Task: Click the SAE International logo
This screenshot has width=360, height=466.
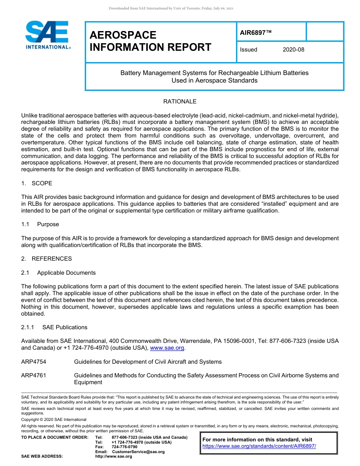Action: pos(48,35)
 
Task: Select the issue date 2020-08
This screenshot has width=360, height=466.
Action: pos(293,50)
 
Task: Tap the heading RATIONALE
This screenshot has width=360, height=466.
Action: pos(180,102)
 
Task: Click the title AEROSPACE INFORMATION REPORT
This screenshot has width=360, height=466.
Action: pos(150,41)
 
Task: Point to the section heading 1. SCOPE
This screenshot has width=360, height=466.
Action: pos(37,183)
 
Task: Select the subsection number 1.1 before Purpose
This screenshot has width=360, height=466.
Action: pos(25,224)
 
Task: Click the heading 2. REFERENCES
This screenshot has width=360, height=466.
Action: pos(46,259)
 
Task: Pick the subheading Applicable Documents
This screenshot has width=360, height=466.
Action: pos(66,273)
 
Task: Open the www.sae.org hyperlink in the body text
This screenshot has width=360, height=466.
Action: pos(167,348)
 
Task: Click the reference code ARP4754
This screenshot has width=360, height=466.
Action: pos(34,362)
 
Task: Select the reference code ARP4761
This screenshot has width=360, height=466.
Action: pos(34,375)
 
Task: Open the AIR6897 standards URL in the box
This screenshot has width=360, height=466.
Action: pos(259,446)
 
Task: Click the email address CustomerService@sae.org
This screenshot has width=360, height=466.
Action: pos(138,452)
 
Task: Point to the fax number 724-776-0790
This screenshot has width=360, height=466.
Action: pos(124,447)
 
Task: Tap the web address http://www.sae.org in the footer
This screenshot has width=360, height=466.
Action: pos(114,457)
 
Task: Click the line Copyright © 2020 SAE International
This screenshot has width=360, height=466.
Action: pos(54,419)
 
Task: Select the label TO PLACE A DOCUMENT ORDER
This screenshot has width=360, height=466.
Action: pos(55,438)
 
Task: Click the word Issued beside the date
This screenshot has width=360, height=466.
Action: pos(249,50)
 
